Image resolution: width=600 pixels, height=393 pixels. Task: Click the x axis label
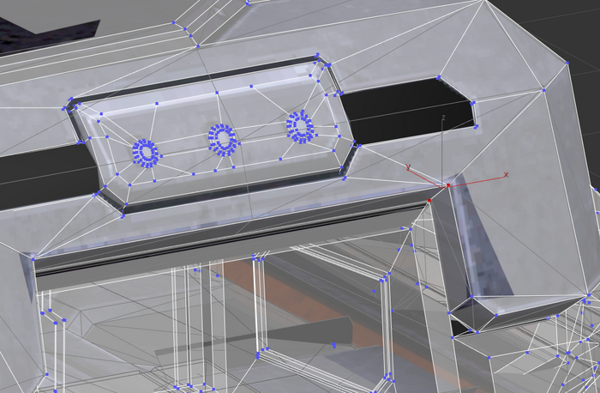[x=506, y=175]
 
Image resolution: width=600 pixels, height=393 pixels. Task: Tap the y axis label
[x=408, y=167]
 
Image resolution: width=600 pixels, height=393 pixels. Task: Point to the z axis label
[x=443, y=118]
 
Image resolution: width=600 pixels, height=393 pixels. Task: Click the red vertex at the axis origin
[x=448, y=185]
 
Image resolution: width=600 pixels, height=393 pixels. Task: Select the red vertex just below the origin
[x=429, y=200]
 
